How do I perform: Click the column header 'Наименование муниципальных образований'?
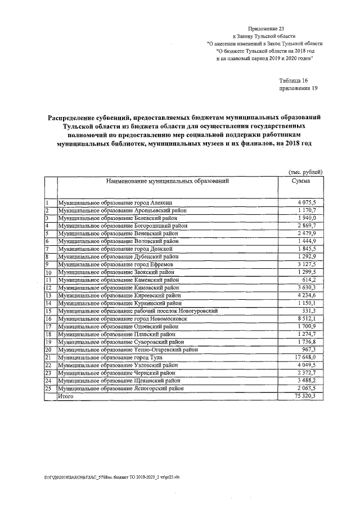coord(167,182)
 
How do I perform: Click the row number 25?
coord(49,389)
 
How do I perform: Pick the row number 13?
coord(49,295)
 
